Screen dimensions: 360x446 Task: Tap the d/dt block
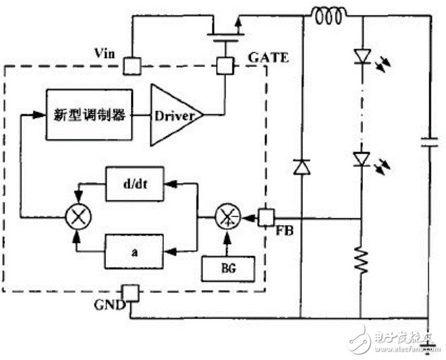(134, 185)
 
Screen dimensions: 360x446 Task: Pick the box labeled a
(134, 250)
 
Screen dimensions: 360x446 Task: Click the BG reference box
(229, 270)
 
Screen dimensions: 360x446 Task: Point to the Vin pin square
(131, 66)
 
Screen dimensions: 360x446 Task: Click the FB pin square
(267, 217)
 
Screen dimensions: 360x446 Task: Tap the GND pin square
(131, 295)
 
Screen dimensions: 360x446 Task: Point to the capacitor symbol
(429, 142)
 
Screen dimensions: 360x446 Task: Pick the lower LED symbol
(362, 158)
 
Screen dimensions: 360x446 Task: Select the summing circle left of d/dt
(75, 217)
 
